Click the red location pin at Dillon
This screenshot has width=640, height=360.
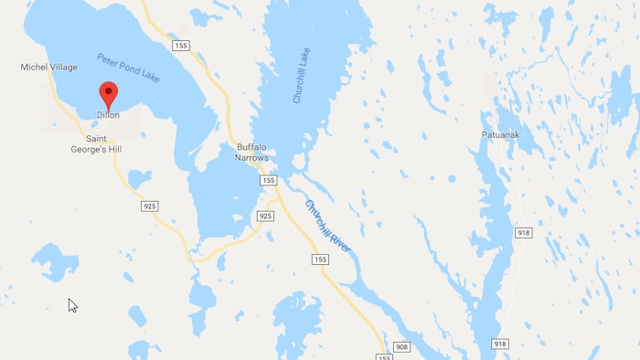pyautogui.click(x=108, y=93)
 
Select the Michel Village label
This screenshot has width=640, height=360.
pyautogui.click(x=49, y=68)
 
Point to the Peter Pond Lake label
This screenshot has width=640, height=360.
pyautogui.click(x=128, y=69)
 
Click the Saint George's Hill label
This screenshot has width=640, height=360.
pyautogui.click(x=96, y=143)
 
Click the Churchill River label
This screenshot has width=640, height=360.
pyautogui.click(x=327, y=226)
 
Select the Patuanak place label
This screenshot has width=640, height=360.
pyautogui.click(x=501, y=134)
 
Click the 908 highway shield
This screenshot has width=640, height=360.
pyautogui.click(x=402, y=346)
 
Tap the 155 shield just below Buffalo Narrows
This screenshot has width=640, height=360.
pyautogui.click(x=268, y=180)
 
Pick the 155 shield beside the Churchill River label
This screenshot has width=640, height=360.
pyautogui.click(x=319, y=259)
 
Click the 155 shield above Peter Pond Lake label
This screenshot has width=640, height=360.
pyautogui.click(x=180, y=44)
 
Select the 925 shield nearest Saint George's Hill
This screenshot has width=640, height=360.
pyautogui.click(x=150, y=206)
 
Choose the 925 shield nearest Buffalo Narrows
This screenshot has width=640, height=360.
pyautogui.click(x=265, y=216)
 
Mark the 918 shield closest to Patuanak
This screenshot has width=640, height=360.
pyautogui.click(x=523, y=233)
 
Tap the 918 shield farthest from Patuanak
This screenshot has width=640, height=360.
pyautogui.click(x=499, y=344)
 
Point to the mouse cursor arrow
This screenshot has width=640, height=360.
pyautogui.click(x=72, y=305)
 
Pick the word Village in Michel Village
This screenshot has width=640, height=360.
pyautogui.click(x=62, y=68)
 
